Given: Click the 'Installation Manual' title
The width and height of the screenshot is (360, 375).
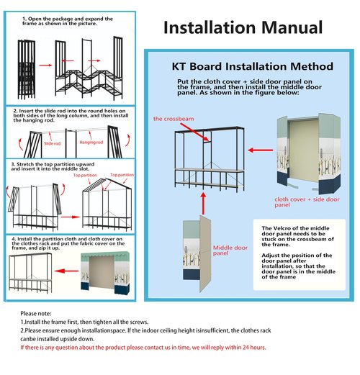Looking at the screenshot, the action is pos(243,27).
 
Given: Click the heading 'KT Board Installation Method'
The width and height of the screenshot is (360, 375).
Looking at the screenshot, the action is pos(253,66).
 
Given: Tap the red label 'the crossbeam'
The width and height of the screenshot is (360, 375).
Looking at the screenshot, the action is pos(174,119).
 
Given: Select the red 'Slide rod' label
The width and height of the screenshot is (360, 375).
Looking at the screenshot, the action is pos(52,143).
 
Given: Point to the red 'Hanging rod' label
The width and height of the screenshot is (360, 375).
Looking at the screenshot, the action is pos(91,143).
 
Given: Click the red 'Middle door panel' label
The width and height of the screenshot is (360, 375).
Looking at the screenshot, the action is pos(230,250).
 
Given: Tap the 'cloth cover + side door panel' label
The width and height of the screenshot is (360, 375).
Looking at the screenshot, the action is pos(307,202).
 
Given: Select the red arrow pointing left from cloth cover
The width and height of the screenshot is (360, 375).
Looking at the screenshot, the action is pos(261,150).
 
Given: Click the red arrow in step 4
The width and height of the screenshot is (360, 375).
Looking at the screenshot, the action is pos(66,271).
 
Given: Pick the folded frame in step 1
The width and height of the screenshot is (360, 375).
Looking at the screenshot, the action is pos(27,70).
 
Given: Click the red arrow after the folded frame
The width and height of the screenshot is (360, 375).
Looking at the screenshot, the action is pos(45,65).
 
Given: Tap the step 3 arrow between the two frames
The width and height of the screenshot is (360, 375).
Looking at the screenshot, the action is pos(70,217).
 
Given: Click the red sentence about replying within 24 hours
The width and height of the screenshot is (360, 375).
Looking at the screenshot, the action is pos(143,348).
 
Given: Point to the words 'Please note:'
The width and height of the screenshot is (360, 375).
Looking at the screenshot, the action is pos(36,314).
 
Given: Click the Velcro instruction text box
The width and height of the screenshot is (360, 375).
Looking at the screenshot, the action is pos(300,255).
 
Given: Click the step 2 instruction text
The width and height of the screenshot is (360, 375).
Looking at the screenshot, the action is pos(71,115).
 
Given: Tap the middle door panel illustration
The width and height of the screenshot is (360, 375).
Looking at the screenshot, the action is pos(197,253).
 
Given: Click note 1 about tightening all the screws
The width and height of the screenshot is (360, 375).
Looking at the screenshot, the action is pos(84,322).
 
